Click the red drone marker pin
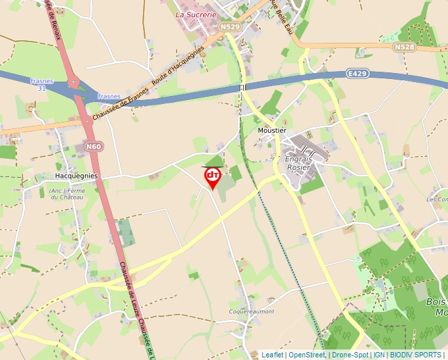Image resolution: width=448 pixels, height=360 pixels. click(213, 177)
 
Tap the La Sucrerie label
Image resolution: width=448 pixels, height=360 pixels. click(196, 13)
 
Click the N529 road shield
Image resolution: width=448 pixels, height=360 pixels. click(230, 26)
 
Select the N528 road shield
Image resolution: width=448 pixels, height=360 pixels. click(404, 47)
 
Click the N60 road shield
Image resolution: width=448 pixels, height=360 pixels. click(94, 146)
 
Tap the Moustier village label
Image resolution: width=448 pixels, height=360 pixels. click(271, 130)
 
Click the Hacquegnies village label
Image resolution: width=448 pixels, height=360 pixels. click(76, 176)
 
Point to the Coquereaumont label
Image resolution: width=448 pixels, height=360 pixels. click(250, 311)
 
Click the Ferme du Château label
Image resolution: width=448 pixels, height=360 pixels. click(68, 194)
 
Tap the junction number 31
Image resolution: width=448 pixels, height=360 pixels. click(42, 88)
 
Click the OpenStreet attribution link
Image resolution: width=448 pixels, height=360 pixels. click(306, 355)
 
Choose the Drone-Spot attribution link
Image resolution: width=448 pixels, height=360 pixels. click(350, 355)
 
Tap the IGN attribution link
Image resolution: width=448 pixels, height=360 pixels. click(379, 355)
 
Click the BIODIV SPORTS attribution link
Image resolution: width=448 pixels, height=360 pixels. click(416, 355)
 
